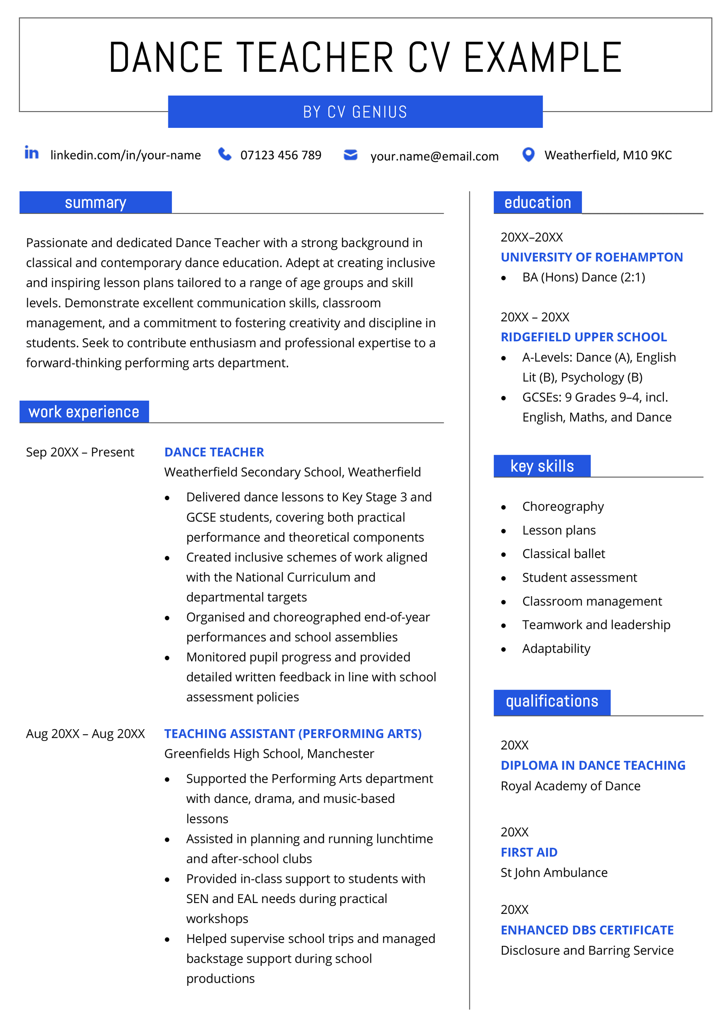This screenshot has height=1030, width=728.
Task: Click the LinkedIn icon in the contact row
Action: pos(31,153)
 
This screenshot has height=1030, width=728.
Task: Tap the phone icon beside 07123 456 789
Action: pos(224,154)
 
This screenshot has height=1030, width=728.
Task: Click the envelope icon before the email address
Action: pos(350,155)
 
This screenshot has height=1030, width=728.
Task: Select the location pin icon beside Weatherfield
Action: pos(528,155)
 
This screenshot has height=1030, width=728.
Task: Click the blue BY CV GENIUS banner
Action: pos(355,112)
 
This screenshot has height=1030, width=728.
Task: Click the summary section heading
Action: pos(96,203)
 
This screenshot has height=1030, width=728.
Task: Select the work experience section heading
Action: pos(84,411)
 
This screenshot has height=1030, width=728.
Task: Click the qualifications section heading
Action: pos(551,701)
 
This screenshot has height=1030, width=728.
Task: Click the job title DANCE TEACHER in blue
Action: pos(214,452)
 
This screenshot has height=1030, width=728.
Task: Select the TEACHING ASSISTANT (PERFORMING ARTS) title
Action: pos(293,734)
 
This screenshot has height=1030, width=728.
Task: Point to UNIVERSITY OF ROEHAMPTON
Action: pos(591,257)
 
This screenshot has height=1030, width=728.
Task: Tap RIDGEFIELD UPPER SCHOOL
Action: pos(583,337)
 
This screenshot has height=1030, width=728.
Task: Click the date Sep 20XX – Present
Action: pos(80,452)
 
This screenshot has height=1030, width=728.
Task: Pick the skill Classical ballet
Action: pos(563,553)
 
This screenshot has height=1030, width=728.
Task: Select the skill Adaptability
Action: pos(556,648)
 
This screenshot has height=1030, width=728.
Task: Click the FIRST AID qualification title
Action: pos(529,852)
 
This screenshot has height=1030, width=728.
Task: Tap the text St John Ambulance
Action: pos(554,873)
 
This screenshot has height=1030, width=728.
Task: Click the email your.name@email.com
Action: pos(434,156)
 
